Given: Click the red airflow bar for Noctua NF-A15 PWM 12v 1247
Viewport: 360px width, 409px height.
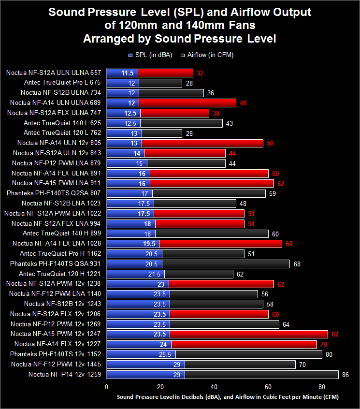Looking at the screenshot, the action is click(x=249, y=334).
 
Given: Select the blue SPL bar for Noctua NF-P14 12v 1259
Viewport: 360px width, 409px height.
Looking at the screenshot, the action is click(x=145, y=375).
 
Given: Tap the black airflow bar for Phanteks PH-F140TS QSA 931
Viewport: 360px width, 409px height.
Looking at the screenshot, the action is click(x=226, y=264).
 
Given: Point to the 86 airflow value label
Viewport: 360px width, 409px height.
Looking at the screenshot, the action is click(x=346, y=375).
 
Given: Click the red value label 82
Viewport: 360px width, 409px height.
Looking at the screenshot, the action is click(x=335, y=334).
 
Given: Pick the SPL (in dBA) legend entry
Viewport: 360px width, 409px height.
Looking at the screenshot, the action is click(x=150, y=55).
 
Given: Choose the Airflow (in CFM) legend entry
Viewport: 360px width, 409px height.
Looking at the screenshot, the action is click(x=207, y=55).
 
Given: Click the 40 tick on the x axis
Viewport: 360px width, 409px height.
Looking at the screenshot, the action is click(x=214, y=387).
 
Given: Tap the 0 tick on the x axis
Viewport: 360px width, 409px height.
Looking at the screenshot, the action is click(x=107, y=387).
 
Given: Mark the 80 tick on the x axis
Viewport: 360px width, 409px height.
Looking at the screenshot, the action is click(x=322, y=387).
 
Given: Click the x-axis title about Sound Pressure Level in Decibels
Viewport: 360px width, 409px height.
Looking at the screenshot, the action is click(x=228, y=397).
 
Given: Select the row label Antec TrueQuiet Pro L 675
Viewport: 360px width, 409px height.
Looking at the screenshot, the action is click(x=62, y=82).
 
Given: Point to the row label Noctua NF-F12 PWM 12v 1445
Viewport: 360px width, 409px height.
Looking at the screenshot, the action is click(x=56, y=364).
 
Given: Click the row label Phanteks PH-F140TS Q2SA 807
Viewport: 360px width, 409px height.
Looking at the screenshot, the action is click(x=54, y=193).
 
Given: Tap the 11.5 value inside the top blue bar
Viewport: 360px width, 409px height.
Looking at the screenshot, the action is click(x=128, y=73).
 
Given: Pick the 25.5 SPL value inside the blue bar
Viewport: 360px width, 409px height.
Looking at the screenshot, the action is click(x=165, y=354).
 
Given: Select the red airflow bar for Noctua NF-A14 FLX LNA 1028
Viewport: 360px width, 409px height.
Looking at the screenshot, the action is click(x=220, y=244).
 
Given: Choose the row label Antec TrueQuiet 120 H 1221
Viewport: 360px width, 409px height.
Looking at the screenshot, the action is click(x=60, y=274).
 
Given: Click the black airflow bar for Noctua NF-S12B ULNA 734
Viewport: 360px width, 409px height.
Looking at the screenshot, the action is click(x=171, y=93).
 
